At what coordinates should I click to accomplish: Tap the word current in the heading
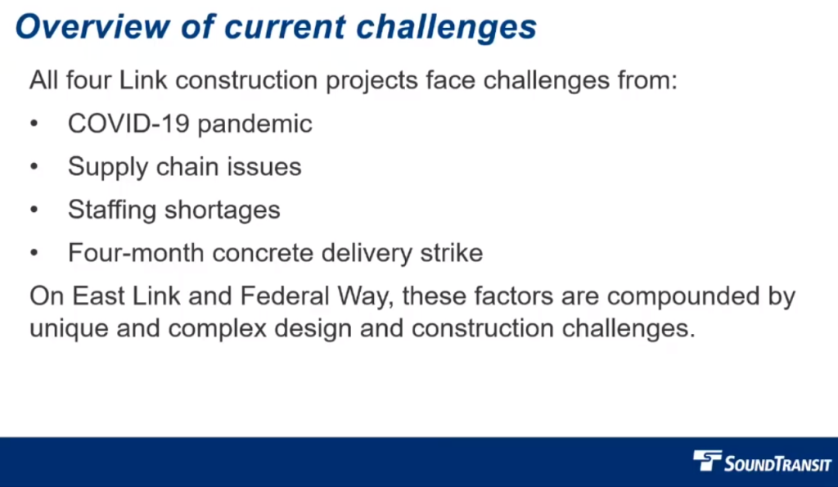285,28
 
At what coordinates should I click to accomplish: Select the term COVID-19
128,124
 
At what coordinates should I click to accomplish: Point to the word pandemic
255,124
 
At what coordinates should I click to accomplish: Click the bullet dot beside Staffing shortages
34,210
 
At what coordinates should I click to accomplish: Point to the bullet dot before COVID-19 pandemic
34,124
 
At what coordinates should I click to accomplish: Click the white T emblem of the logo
707,460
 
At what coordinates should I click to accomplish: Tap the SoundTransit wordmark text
777,463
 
